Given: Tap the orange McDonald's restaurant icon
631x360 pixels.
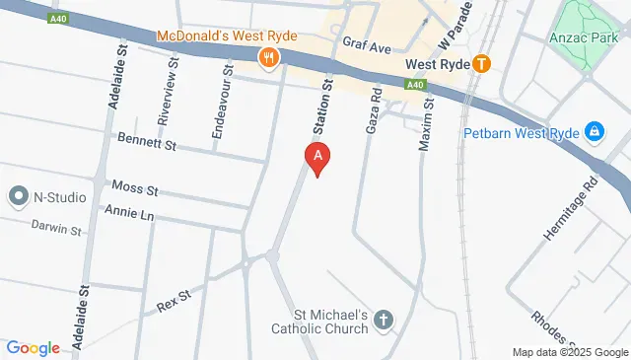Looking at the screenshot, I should (x=268, y=58).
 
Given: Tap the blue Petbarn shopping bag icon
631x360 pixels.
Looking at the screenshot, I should (x=595, y=130).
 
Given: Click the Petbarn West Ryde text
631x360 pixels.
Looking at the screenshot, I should (x=522, y=131).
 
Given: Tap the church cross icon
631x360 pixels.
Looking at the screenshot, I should (x=383, y=320).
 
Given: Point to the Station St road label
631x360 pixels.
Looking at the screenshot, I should (x=320, y=108).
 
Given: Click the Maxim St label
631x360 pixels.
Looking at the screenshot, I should (x=427, y=123).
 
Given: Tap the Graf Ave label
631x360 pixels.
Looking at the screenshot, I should (x=367, y=44).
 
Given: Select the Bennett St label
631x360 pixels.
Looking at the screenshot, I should (x=146, y=144).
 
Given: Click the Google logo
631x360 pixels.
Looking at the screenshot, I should (x=33, y=347).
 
